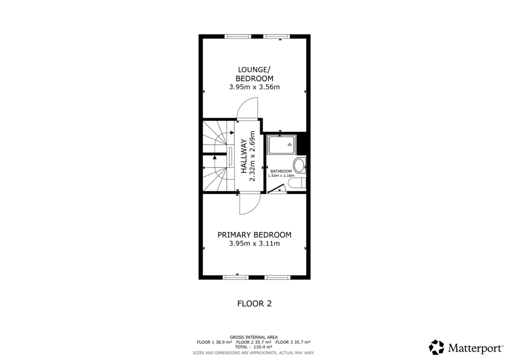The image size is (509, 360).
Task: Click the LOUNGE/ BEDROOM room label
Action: point(254,74)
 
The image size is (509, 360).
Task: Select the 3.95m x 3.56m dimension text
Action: point(254,87)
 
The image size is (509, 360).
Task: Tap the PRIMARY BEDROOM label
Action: point(254,235)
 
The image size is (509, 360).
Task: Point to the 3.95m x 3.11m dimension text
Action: point(254,244)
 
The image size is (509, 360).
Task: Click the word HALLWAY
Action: point(244,156)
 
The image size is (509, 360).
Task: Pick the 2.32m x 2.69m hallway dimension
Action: point(252,156)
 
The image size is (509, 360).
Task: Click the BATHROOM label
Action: point(281,171)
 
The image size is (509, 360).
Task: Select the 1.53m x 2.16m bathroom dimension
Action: point(281,176)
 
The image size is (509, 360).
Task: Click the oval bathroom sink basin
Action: point(300,165)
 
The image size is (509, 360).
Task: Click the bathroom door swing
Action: point(276,188)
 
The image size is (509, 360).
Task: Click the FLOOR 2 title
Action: point(254,303)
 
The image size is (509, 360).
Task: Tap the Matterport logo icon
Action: point(436,347)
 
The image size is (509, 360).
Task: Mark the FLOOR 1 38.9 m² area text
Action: point(215,342)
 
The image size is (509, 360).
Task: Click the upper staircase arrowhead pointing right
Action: point(232,133)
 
